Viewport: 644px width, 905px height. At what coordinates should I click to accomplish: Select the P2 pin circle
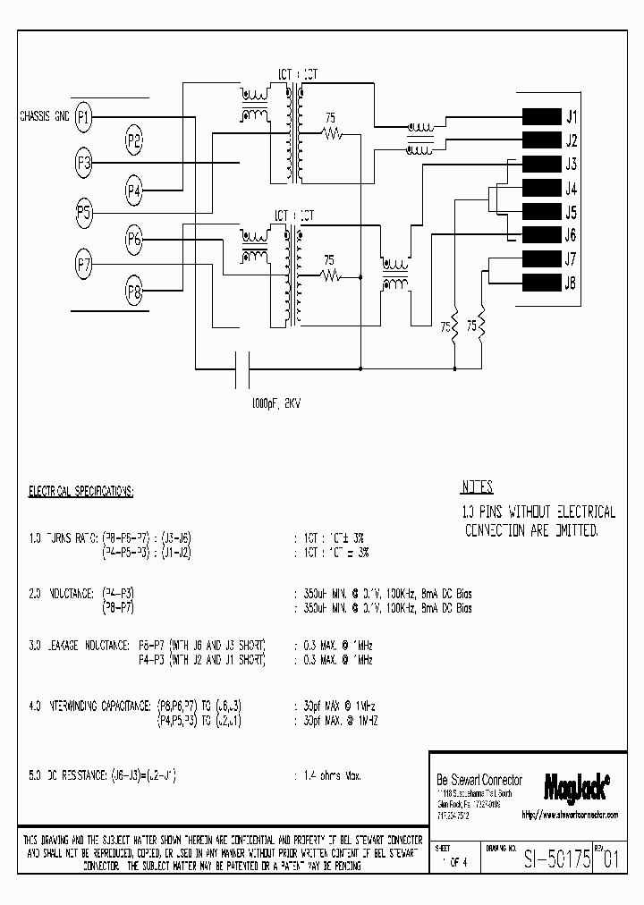pyautogui.click(x=134, y=140)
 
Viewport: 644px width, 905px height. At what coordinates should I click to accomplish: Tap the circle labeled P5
pyautogui.click(x=84, y=213)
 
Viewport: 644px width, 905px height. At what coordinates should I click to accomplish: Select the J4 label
pyautogui.click(x=571, y=189)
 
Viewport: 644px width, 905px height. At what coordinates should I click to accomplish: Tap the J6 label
pyautogui.click(x=571, y=236)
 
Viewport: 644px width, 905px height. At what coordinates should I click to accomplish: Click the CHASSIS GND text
pyautogui.click(x=44, y=116)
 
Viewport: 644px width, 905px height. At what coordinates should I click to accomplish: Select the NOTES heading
pyautogui.click(x=477, y=488)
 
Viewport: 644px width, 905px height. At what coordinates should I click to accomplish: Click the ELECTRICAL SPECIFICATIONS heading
pyautogui.click(x=81, y=492)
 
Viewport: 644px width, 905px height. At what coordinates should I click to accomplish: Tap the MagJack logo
pyautogui.click(x=576, y=786)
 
